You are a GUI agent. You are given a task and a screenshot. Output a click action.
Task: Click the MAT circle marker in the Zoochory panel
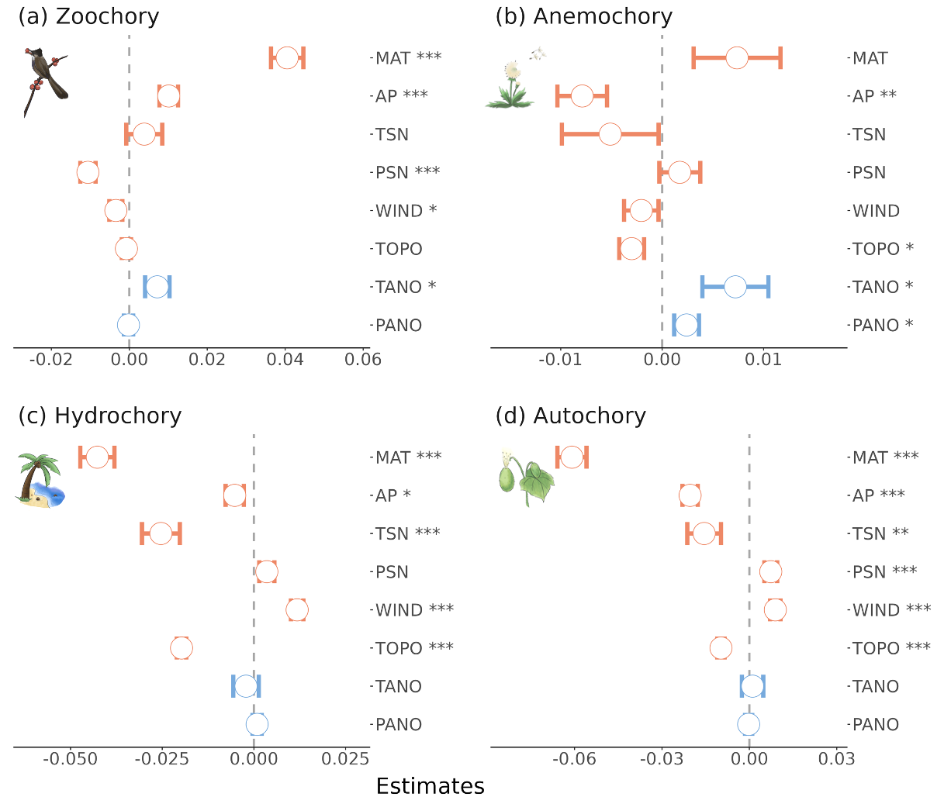287,58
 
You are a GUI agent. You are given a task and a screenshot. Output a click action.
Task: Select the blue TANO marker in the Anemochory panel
735,287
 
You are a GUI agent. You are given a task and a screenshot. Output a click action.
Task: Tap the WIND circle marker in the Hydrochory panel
297,610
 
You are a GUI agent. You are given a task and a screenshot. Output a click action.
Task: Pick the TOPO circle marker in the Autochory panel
721,648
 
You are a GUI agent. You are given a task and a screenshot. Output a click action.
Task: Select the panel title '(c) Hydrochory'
99,416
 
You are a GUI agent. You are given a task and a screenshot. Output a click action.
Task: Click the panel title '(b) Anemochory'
583,16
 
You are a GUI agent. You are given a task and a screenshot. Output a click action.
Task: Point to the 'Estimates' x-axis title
430,785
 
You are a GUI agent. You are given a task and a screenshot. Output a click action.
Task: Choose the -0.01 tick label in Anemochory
559,360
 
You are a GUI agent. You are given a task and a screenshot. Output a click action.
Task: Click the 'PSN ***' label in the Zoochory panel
407,172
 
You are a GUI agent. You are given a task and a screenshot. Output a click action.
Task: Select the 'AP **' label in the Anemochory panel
874,96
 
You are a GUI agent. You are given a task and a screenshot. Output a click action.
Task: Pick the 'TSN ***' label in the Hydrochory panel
407,533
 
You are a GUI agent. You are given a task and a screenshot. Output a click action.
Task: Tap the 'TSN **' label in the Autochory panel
880,533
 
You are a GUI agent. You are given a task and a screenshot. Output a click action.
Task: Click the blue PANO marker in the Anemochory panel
686,325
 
